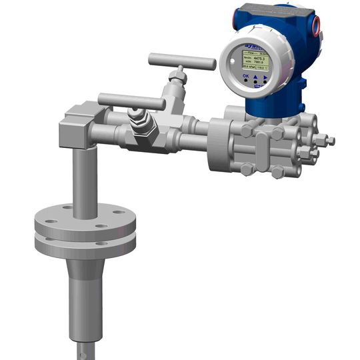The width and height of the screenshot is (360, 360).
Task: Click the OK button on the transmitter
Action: (246, 77)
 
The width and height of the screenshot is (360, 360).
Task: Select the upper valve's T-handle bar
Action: (181, 62)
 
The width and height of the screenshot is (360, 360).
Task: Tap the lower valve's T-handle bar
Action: (131, 102)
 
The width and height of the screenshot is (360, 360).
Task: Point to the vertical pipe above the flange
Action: (85, 180)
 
